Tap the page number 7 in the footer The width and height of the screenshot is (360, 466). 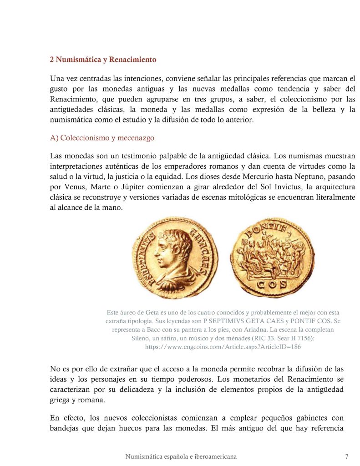click(x=347, y=456)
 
